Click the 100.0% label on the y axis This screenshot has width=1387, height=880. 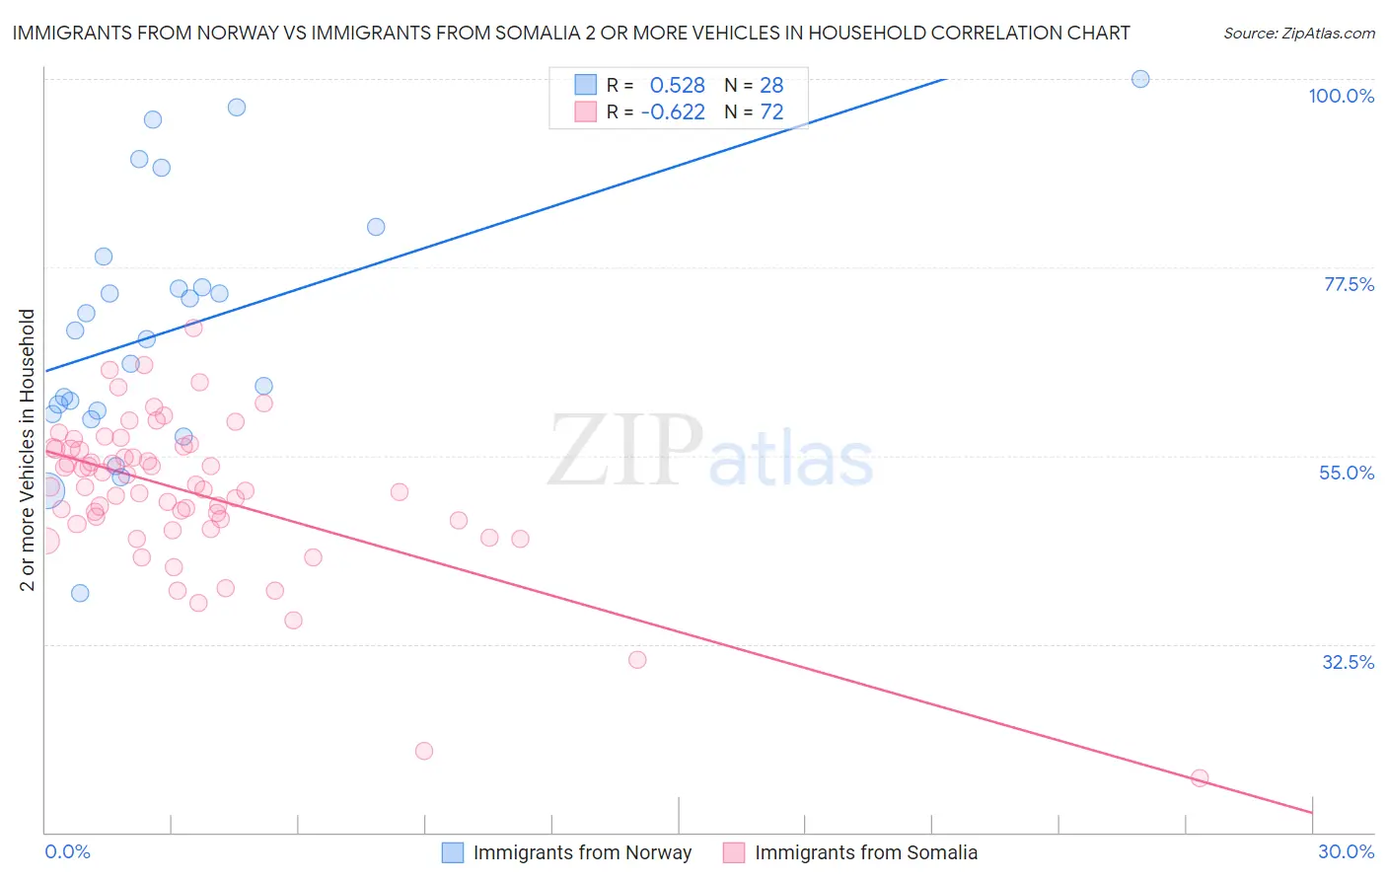coord(1341,96)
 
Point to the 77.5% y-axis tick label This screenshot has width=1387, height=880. coord(1349,284)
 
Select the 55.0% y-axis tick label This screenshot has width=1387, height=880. coord(1347,473)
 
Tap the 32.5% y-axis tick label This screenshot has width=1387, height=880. coord(1348,662)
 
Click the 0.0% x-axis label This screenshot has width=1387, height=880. coord(67,851)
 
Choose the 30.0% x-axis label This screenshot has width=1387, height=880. coord(1346,851)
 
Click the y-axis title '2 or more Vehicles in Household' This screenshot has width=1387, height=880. coord(27,450)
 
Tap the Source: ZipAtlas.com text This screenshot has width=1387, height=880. coord(1298,33)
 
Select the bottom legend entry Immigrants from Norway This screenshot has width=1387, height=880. coord(582,852)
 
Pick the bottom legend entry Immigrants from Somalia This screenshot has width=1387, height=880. coord(865,852)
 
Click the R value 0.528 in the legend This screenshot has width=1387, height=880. coord(677,85)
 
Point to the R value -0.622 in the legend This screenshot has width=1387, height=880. coord(673,112)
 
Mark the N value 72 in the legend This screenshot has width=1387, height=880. coord(771,112)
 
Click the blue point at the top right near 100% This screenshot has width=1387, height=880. coord(1140,79)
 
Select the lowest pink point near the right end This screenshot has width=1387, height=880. coord(1200,778)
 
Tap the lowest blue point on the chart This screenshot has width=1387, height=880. coord(80,593)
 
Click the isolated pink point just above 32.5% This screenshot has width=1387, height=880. coord(637,660)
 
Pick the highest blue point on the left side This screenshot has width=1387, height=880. coord(237,108)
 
